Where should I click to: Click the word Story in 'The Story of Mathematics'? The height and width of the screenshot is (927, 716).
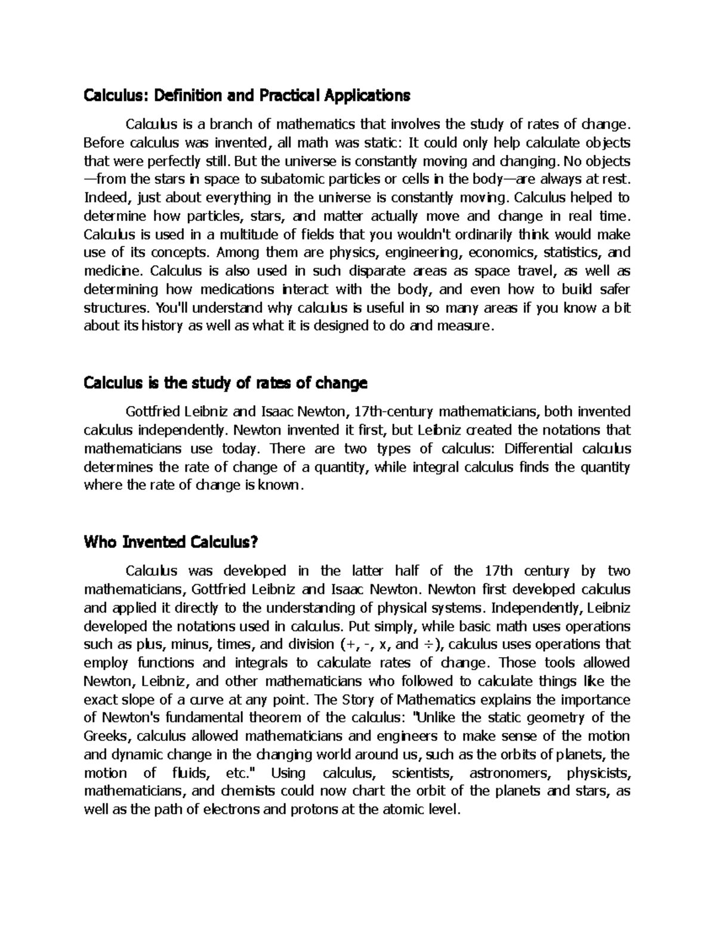(363, 699)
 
